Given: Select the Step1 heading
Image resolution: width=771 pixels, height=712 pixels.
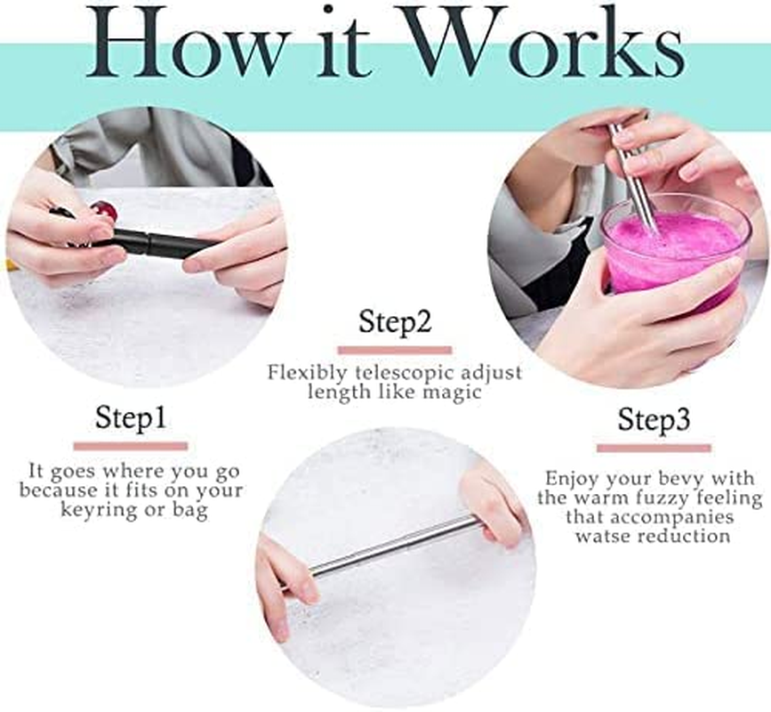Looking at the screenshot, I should click(x=131, y=417).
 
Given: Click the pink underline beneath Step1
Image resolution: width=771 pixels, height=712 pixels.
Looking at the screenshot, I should click(x=131, y=445).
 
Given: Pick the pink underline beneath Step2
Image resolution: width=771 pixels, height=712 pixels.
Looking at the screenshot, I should click(x=394, y=350).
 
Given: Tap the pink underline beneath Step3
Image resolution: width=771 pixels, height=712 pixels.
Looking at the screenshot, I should click(x=654, y=447).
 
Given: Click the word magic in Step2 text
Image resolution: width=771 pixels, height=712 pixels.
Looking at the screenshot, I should click(x=450, y=391).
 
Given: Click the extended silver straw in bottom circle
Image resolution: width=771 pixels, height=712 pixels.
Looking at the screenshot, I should click(x=391, y=545).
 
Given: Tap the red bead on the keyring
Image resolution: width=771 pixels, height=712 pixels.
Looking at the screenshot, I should click(x=105, y=211).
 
